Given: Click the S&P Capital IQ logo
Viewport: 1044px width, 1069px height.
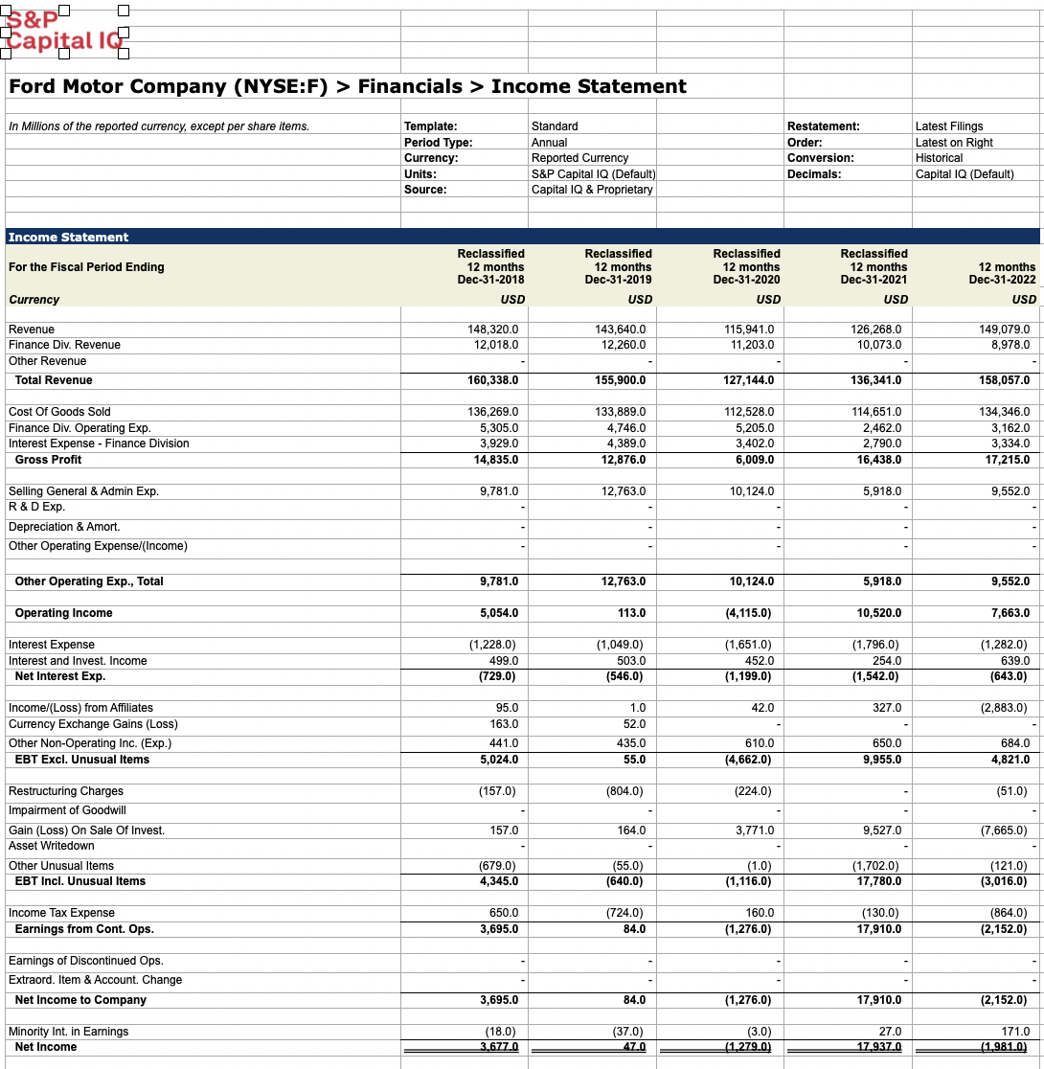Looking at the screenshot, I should pos(63,30).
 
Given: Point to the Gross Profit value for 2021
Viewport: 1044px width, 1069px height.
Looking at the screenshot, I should pos(876,460).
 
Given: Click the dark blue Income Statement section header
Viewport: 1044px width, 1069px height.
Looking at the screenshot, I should pos(68,237).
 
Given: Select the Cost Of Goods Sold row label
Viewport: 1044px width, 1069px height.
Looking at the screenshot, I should pos(59,412).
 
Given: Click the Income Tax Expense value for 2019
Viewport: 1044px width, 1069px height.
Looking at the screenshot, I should pos(624,913).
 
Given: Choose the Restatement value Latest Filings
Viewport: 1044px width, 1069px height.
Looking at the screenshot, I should pos(948,126).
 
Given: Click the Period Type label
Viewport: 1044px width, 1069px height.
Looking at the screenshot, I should pos(438,143).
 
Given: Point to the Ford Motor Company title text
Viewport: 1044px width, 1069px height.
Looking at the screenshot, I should pos(347,86).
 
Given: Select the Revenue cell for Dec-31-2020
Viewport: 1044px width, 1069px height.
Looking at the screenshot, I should pos(749,330).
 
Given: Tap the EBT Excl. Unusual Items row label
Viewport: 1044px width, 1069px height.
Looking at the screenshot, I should pos(82,760).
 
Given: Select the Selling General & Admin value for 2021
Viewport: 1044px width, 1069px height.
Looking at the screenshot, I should pos(881,491).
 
